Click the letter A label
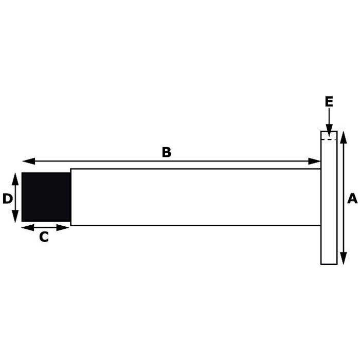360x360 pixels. [x=352, y=198]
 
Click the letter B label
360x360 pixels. [x=166, y=152]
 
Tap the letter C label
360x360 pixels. [x=44, y=237]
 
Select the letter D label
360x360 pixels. [x=7, y=199]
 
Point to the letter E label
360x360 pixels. [x=329, y=102]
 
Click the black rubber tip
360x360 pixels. [x=46, y=197]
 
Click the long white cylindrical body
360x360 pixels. [x=195, y=197]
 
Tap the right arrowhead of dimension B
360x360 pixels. [x=316, y=161]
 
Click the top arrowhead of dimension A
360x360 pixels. [x=344, y=135]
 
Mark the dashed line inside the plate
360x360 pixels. [x=329, y=139]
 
